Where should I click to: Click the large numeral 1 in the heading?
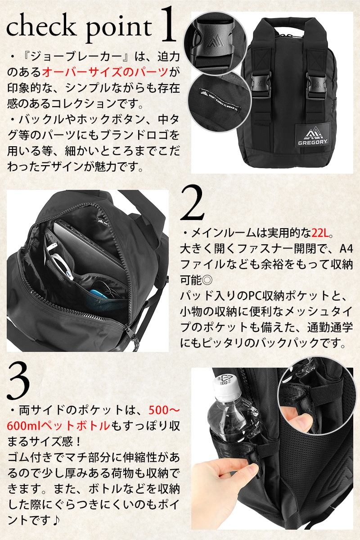tap(167, 24)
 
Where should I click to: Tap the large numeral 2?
tap(192, 203)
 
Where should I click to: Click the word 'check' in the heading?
tap(41, 27)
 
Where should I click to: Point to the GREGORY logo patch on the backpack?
tap(313, 136)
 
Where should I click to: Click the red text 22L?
tap(320, 233)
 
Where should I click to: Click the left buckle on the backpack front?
tap(261, 85)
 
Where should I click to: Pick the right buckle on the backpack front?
tap(316, 85)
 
